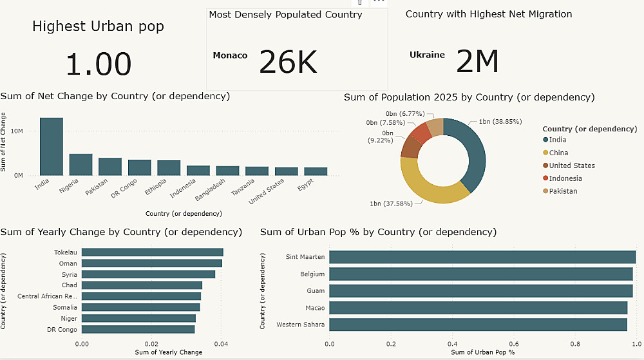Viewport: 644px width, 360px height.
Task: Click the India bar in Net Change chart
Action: pyautogui.click(x=52, y=146)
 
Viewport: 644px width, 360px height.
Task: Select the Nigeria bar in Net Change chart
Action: pyautogui.click(x=81, y=164)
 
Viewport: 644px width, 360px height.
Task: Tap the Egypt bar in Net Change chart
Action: pyautogui.click(x=316, y=171)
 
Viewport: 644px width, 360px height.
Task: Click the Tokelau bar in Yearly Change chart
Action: pyautogui.click(x=152, y=252)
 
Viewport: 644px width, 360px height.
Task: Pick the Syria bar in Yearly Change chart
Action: pyautogui.click(x=148, y=274)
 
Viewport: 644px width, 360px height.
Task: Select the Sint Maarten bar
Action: pyautogui.click(x=482, y=257)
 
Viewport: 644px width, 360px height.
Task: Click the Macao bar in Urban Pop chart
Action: pyautogui.click(x=478, y=307)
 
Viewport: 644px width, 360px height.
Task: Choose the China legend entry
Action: pyautogui.click(x=558, y=153)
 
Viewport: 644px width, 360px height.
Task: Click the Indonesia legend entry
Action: pyautogui.click(x=565, y=178)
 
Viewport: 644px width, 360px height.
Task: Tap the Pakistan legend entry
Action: pyautogui.click(x=563, y=191)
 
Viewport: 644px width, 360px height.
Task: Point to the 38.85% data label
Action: pyautogui.click(x=500, y=121)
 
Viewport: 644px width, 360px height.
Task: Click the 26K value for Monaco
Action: pyautogui.click(x=288, y=62)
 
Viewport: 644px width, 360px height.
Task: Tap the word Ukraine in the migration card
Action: pyautogui.click(x=427, y=55)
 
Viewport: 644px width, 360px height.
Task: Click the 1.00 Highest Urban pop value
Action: pyautogui.click(x=99, y=64)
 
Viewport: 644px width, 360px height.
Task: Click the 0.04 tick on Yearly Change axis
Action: pyautogui.click(x=221, y=344)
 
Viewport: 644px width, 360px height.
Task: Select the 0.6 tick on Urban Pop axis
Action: pyautogui.click(x=513, y=344)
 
